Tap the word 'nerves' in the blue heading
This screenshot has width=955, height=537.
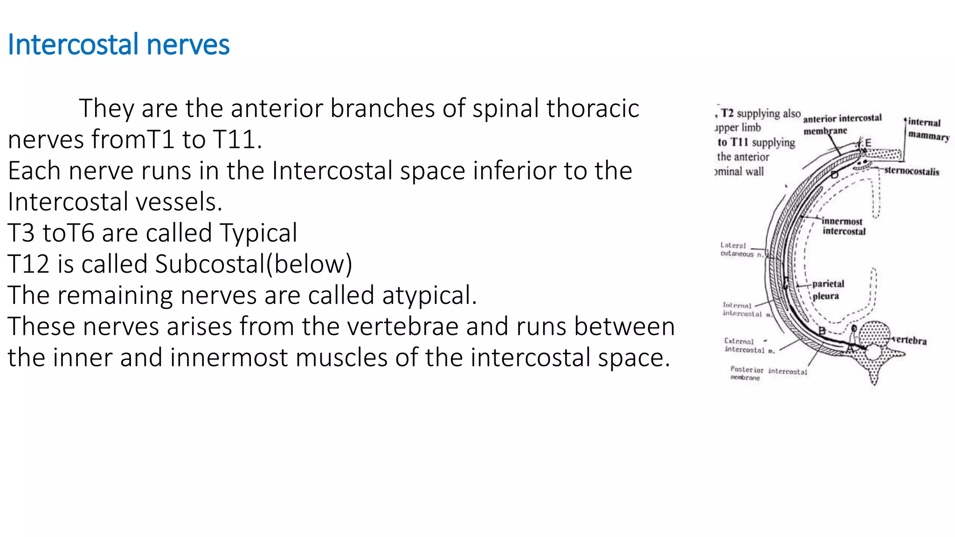click(x=188, y=45)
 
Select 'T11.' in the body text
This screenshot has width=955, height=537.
click(x=237, y=139)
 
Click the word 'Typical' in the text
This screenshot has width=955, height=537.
click(x=258, y=233)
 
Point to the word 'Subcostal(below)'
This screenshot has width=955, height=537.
click(x=254, y=264)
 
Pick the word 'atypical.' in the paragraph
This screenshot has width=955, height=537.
click(x=429, y=295)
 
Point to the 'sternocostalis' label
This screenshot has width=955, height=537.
click(x=912, y=171)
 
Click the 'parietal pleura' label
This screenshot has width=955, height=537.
click(x=828, y=289)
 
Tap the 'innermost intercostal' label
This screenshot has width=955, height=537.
click(x=843, y=226)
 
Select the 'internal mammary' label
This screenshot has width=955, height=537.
click(x=927, y=129)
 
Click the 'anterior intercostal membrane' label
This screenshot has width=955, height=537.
click(x=842, y=124)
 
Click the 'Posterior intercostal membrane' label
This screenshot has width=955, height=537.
click(x=768, y=373)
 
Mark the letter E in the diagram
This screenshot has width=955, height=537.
click(x=868, y=143)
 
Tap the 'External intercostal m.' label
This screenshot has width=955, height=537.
click(x=749, y=345)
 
